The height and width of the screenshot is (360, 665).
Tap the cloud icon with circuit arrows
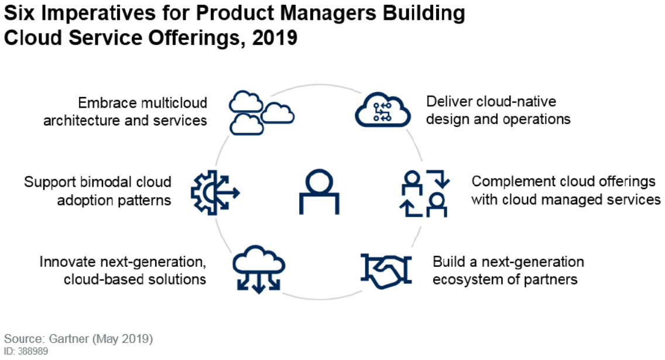click(382, 110)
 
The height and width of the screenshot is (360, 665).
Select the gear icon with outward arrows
click(215, 193)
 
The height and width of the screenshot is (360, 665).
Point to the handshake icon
click(386, 271)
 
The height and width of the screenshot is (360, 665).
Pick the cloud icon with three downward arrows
click(259, 269)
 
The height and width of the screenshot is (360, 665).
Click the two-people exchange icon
click(424, 193)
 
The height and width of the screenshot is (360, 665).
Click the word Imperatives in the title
click(98, 13)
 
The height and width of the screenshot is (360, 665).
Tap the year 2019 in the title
click(275, 37)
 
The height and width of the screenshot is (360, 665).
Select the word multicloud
click(174, 102)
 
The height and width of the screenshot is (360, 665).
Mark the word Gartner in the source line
click(68, 339)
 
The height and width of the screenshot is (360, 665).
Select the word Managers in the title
click(328, 13)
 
